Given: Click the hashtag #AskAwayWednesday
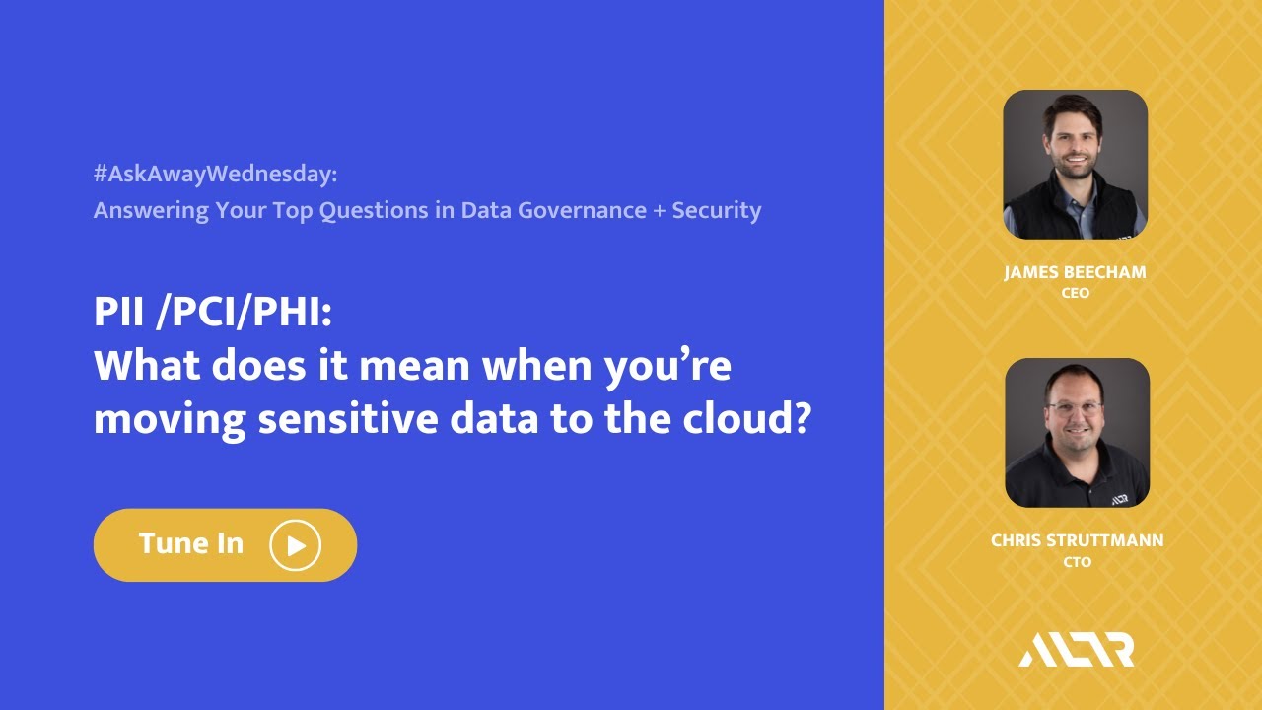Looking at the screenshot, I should point(215,175).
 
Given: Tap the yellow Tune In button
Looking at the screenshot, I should point(225,544).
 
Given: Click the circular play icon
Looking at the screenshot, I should point(296,545).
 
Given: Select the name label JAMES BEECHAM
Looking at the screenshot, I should point(1075,273).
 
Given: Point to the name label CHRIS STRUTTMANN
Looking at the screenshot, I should point(1077,540).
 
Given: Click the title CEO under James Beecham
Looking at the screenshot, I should point(1076,294).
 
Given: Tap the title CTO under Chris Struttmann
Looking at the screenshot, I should point(1077,562).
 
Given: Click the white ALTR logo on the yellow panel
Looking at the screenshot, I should point(1077,650).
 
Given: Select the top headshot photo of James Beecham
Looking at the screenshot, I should point(1076,165).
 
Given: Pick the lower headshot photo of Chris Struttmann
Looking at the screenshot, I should point(1077,433).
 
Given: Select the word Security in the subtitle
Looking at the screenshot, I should point(717,210).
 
